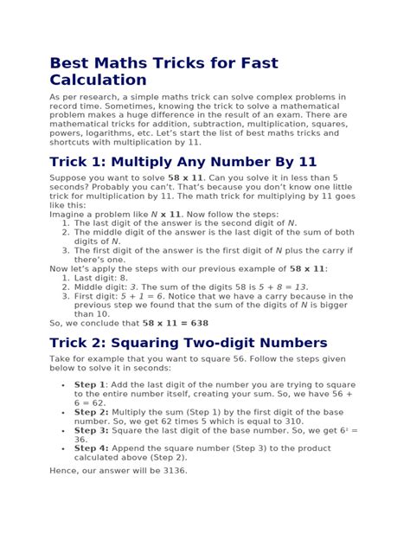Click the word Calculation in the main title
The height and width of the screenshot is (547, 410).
point(98,80)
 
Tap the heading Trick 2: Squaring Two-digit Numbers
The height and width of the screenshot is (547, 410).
point(188,342)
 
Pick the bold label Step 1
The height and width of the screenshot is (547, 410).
point(89,383)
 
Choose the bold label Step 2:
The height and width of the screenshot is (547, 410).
point(91,412)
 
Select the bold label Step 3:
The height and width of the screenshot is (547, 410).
point(91,429)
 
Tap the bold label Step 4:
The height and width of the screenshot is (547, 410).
point(91,447)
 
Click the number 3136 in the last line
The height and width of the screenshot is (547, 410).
point(170,471)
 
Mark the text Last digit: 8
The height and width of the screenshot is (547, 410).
point(102,277)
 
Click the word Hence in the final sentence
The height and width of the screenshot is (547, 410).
point(65,471)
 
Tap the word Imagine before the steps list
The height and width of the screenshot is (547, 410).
point(69,214)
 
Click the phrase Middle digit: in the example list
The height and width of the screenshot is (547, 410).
point(100,286)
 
